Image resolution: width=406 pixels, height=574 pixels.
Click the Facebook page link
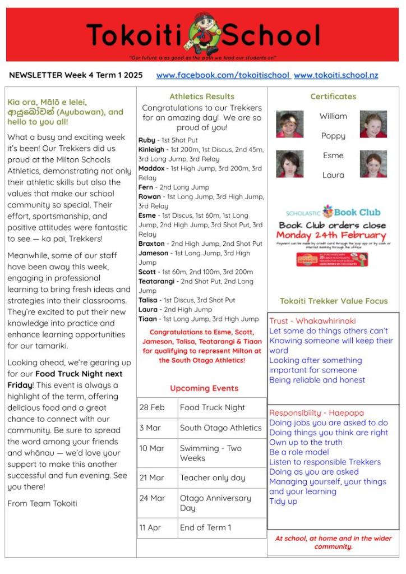coord(223,75)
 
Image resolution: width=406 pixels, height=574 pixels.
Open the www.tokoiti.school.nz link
coord(335,75)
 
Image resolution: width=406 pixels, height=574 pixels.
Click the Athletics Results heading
coord(202,97)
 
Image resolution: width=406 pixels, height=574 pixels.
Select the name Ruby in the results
coord(147,140)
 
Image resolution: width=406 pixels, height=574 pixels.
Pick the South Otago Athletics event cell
coord(220,428)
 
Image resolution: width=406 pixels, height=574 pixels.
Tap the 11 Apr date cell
coord(150,527)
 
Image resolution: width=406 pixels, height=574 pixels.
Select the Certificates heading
coord(333,97)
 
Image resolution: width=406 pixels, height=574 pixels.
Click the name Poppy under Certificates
coord(333,136)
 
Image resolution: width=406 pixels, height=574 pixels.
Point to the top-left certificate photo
coord(290,124)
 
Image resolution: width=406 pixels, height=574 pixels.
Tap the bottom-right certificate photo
coord(373,164)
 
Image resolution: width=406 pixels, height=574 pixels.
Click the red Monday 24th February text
coord(331,235)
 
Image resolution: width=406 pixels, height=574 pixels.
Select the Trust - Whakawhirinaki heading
coord(312,321)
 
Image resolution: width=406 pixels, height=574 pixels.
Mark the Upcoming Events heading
coord(204,388)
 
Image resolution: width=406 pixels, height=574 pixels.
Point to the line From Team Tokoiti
coord(42,503)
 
